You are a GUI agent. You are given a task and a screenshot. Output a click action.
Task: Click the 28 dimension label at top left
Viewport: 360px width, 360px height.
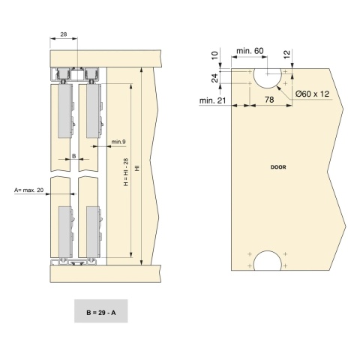pos(64,34)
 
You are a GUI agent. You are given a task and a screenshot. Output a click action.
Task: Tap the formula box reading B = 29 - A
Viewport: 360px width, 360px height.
pos(101,311)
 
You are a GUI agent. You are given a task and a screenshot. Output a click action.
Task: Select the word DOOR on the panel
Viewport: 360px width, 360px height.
pos(278,167)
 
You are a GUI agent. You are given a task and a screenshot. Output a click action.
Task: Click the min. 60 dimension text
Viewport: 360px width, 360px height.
pos(250,51)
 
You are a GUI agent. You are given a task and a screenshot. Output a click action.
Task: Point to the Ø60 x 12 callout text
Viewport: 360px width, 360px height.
pos(312,94)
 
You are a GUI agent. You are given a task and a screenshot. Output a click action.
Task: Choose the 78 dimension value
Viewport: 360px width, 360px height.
pos(269,100)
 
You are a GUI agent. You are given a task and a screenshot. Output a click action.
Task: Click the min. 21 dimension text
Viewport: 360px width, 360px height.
pos(212,100)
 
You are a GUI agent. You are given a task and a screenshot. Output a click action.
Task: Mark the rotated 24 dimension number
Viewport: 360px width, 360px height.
pos(215,78)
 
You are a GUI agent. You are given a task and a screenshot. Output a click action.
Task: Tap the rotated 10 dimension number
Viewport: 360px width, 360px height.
pos(215,55)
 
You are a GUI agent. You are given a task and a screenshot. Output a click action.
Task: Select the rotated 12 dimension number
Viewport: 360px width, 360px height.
pos(287,55)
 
